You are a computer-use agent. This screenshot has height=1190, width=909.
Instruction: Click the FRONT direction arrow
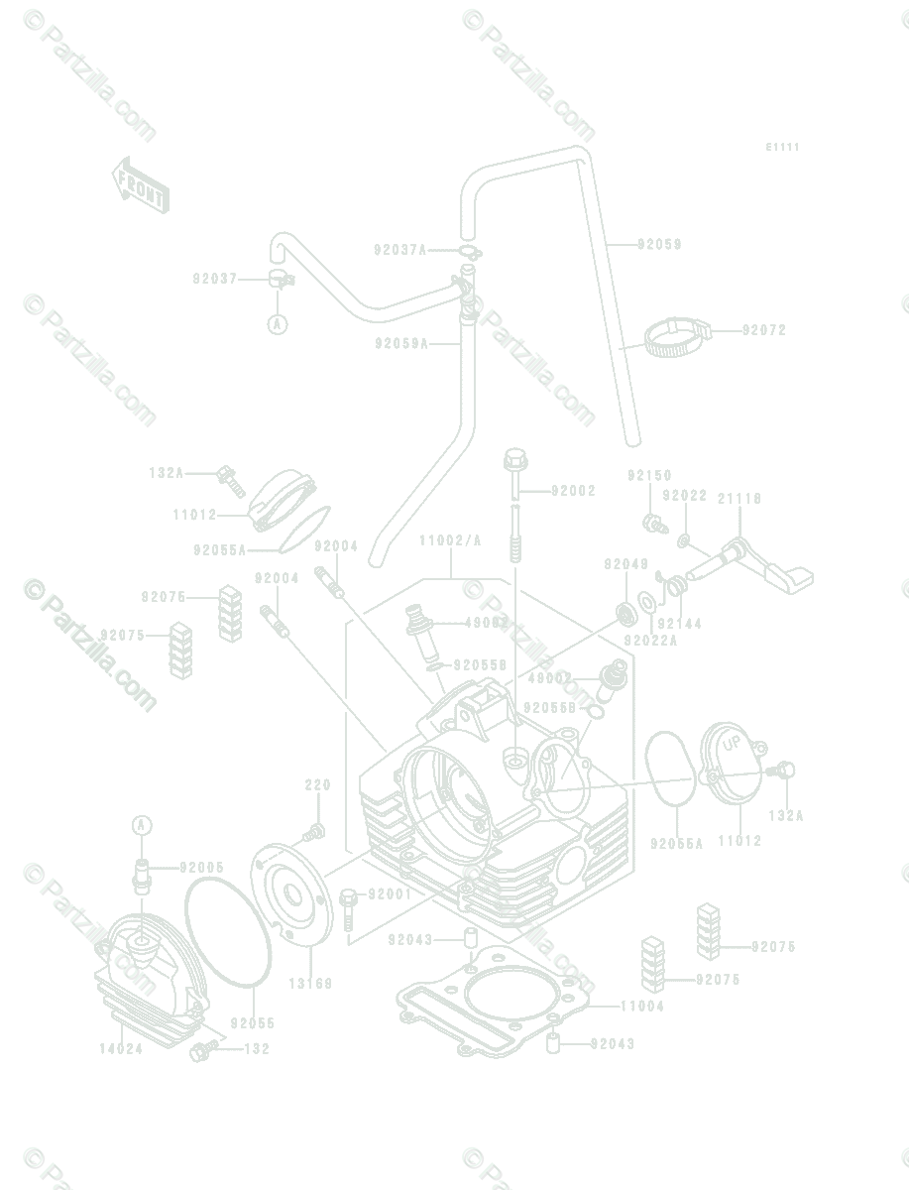pyautogui.click(x=140, y=185)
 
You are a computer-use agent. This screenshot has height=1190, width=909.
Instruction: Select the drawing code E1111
pyautogui.click(x=782, y=147)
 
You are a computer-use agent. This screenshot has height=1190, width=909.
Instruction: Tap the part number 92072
pyautogui.click(x=764, y=330)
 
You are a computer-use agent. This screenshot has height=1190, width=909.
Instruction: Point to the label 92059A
pyautogui.click(x=401, y=344)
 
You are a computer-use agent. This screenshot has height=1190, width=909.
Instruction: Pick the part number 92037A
pyautogui.click(x=400, y=251)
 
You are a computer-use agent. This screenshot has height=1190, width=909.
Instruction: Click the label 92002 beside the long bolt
pyautogui.click(x=573, y=491)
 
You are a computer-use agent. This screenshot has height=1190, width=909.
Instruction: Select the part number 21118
pyautogui.click(x=739, y=499)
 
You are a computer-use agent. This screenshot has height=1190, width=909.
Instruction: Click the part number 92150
pyautogui.click(x=649, y=476)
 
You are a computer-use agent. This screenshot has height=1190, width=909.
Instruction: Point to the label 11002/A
pyautogui.click(x=450, y=540)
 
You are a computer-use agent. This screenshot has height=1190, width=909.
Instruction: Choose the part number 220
pyautogui.click(x=317, y=785)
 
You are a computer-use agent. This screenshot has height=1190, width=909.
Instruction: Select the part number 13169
pyautogui.click(x=310, y=984)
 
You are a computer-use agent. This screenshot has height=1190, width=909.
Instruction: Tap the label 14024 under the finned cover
pyautogui.click(x=121, y=1048)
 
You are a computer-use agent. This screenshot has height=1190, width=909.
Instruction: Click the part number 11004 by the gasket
pyautogui.click(x=642, y=1007)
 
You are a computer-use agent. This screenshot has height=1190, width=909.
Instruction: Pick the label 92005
pyautogui.click(x=202, y=868)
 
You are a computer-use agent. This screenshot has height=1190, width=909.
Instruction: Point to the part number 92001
pyautogui.click(x=391, y=894)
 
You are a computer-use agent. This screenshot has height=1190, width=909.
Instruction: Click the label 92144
pyautogui.click(x=679, y=624)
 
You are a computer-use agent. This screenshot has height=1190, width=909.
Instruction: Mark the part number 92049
pyautogui.click(x=625, y=564)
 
